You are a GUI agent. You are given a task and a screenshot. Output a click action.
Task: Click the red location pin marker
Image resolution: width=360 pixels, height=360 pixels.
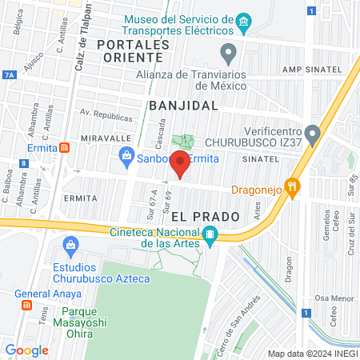click(x=180, y=165)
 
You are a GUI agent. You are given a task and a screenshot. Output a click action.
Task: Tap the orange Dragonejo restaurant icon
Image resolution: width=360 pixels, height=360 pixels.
click(x=293, y=189)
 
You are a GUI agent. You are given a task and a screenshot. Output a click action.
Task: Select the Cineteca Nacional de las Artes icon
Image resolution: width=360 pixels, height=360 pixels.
click(x=210, y=234)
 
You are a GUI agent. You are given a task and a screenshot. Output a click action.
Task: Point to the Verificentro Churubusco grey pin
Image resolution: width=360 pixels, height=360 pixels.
click(x=314, y=132)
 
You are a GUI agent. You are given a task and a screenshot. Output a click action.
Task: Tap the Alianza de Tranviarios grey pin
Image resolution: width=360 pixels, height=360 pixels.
click(x=229, y=55)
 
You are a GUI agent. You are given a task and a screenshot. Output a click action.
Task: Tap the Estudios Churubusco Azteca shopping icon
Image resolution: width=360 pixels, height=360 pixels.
click(x=71, y=243)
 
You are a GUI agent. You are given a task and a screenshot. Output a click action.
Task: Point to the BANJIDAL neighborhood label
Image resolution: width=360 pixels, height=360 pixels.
click(x=183, y=105)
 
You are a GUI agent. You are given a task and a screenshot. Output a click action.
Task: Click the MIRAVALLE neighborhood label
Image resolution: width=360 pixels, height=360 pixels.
click(x=101, y=138)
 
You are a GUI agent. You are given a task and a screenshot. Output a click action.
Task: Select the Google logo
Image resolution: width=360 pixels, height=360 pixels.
click(x=26, y=350)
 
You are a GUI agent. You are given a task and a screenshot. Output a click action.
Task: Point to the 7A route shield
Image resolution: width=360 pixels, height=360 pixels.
click(x=9, y=74)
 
